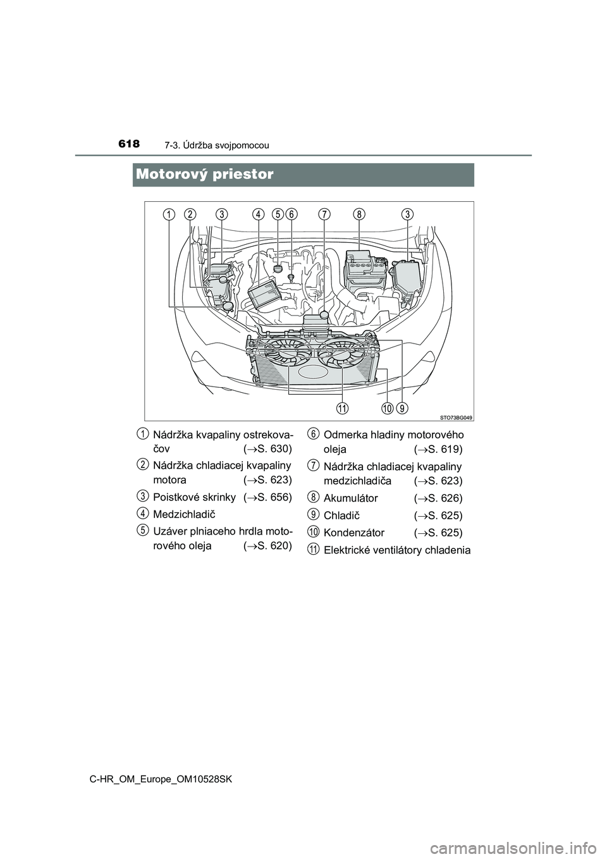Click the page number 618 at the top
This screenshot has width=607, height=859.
point(129,144)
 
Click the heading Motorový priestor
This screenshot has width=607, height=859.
point(205,175)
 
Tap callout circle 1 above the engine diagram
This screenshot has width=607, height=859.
point(168,214)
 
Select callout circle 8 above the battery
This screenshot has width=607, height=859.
point(359,214)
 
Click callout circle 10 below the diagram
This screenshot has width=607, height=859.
point(388,409)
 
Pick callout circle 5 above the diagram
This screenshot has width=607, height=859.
point(278,214)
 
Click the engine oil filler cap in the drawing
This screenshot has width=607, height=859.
point(278,268)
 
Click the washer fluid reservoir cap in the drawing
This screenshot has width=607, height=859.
point(228,306)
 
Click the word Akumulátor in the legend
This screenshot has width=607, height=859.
point(351,498)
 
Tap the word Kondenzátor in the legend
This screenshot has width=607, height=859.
point(353,533)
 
